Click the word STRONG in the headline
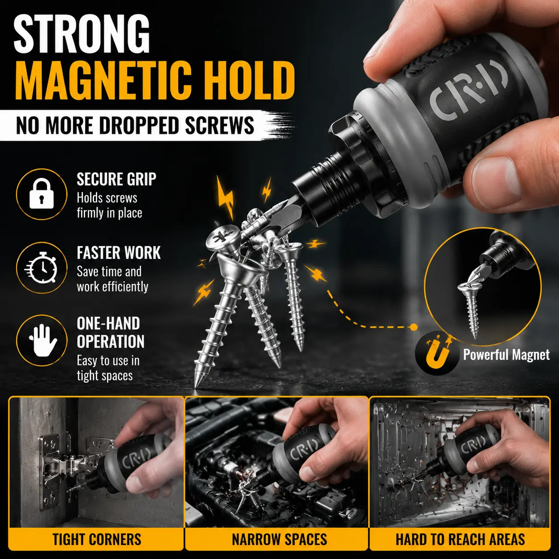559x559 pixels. coord(82,33)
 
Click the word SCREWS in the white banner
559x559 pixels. coord(219,126)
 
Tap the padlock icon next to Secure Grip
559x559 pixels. coord(41,193)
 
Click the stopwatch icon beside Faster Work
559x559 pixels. coord(41,267)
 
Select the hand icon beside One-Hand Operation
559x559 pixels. coord(42,340)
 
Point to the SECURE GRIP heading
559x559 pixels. coord(116,179)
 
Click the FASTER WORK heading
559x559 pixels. coord(119,253)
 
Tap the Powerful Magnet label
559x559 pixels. coord(506,354)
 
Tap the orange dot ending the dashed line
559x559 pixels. coord(414,327)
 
